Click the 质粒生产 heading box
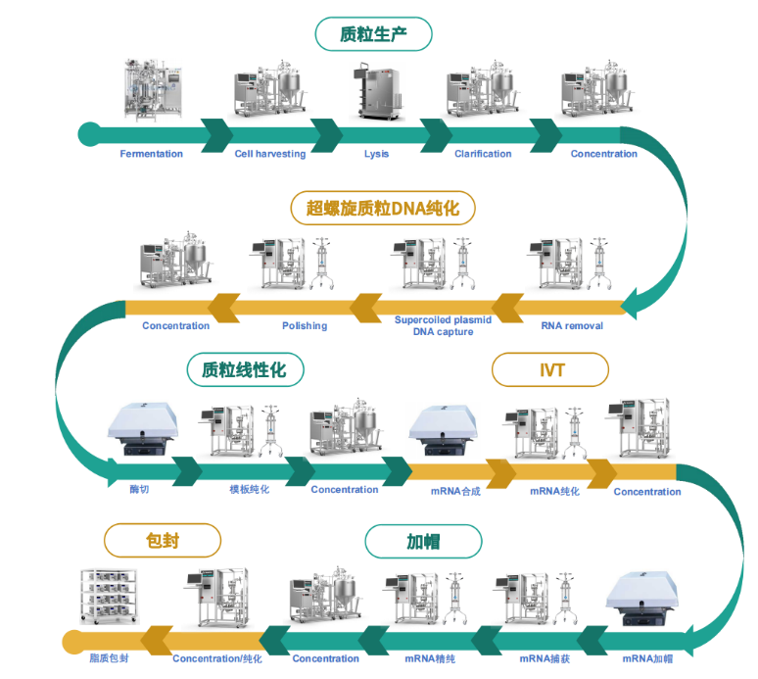(x=373, y=34)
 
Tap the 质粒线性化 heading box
(x=246, y=369)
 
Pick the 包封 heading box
(x=162, y=539)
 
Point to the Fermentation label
(x=151, y=154)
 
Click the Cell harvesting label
(x=270, y=154)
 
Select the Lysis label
(x=377, y=154)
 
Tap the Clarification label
(x=483, y=154)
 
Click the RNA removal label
(x=572, y=325)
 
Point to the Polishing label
(x=305, y=325)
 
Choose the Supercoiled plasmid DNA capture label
(x=443, y=325)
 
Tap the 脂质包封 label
(x=109, y=658)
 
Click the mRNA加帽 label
(x=647, y=658)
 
